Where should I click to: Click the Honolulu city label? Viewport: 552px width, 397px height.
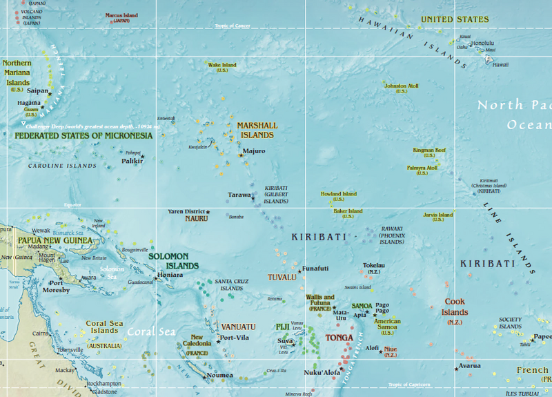(x=482, y=42)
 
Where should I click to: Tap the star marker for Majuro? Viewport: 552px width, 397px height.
(x=241, y=155)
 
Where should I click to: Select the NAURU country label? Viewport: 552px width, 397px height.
(x=196, y=219)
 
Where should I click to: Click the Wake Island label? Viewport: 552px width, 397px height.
(x=222, y=66)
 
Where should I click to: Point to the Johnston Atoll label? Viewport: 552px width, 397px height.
(x=401, y=86)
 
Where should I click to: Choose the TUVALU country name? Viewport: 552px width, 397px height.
(x=282, y=278)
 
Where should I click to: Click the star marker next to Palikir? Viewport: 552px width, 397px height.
(x=142, y=157)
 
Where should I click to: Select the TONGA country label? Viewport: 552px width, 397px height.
(x=339, y=338)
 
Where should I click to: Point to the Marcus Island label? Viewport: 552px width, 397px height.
(x=121, y=15)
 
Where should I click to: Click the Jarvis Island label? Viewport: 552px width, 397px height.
(x=438, y=215)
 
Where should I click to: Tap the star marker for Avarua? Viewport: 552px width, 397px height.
(x=456, y=369)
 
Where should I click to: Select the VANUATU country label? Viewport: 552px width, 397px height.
(x=239, y=326)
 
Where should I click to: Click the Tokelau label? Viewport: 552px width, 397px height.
(x=373, y=265)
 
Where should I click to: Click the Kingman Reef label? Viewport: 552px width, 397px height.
(x=429, y=150)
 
